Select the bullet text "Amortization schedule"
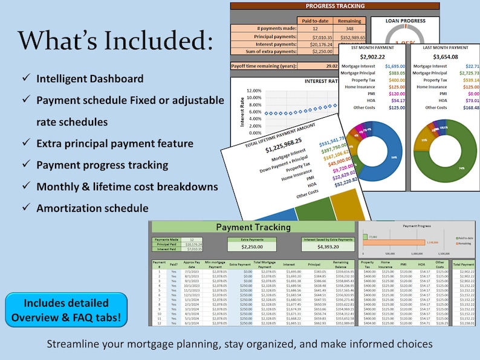tap(92, 208)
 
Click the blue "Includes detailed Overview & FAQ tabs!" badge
tap(66, 310)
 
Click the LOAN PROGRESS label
tap(406, 21)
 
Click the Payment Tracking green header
tap(253, 227)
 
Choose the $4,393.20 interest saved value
tap(327, 246)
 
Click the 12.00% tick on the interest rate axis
tap(254, 91)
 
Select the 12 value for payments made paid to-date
tap(315, 28)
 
